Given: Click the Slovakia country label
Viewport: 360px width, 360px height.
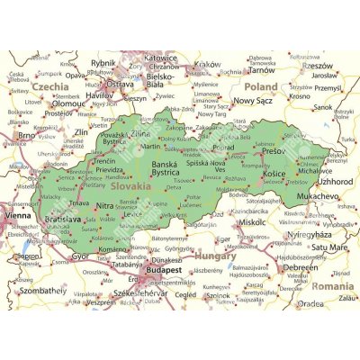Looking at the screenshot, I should (x=131, y=185).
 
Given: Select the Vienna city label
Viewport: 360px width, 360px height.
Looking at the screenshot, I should (x=16, y=217).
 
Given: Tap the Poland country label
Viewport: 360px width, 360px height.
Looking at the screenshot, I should (x=261, y=86).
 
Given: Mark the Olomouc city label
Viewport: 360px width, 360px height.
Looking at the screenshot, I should (x=46, y=103).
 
